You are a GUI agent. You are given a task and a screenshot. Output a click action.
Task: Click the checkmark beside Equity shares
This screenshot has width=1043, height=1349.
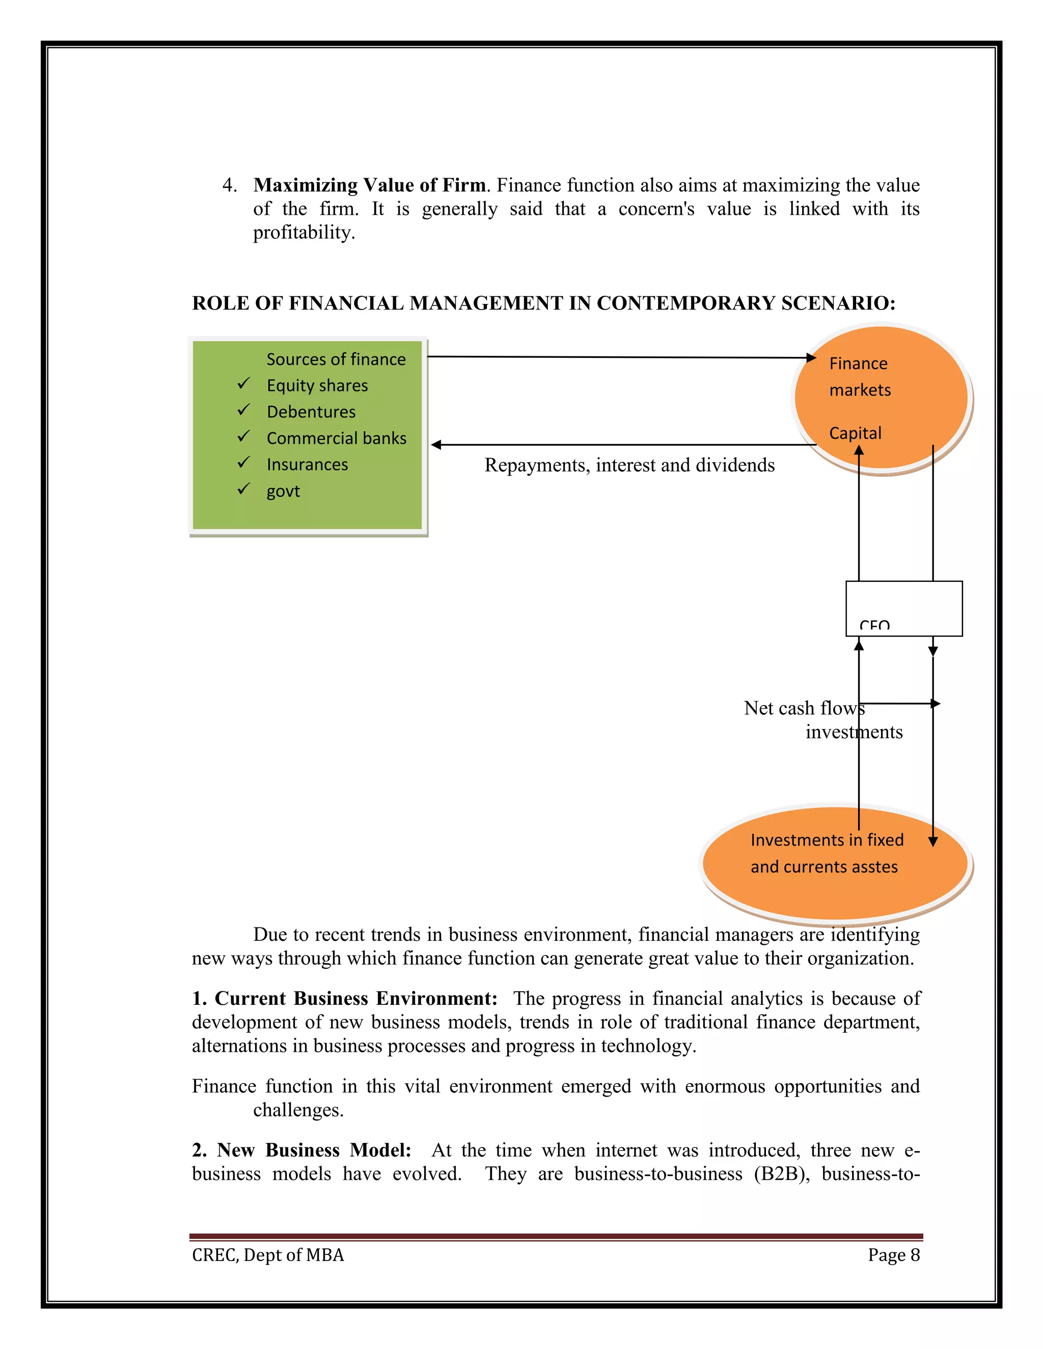(x=243, y=384)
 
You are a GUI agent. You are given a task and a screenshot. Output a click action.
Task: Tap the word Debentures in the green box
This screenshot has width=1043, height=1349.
(x=311, y=412)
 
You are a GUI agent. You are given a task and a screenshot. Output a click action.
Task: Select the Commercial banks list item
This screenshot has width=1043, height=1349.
(x=336, y=438)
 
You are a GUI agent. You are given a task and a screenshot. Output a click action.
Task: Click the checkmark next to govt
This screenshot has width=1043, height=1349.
(x=243, y=489)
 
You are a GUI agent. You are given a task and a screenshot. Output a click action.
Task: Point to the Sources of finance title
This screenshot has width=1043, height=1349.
(x=336, y=359)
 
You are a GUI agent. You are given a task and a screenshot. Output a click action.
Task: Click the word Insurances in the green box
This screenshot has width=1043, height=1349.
(x=307, y=464)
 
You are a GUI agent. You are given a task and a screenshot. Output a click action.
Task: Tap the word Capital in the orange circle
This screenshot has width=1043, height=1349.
(x=855, y=433)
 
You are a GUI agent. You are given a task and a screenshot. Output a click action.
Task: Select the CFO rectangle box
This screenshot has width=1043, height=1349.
(x=903, y=608)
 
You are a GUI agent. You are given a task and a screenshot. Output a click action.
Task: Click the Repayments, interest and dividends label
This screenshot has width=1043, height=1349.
(x=629, y=465)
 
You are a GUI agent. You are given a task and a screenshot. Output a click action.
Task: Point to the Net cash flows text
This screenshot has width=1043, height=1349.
(x=803, y=708)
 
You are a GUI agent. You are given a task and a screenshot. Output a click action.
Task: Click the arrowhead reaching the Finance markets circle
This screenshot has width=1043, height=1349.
(x=811, y=358)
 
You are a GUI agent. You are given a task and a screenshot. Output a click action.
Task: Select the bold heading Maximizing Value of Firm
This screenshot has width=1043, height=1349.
(x=369, y=185)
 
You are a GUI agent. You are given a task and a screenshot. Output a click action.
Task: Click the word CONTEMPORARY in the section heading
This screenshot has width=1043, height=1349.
(x=686, y=303)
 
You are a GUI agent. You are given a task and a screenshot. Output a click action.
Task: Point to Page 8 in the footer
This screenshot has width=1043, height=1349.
(x=893, y=1255)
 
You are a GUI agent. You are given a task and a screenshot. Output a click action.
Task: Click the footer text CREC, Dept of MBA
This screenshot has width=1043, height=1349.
(x=267, y=1255)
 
